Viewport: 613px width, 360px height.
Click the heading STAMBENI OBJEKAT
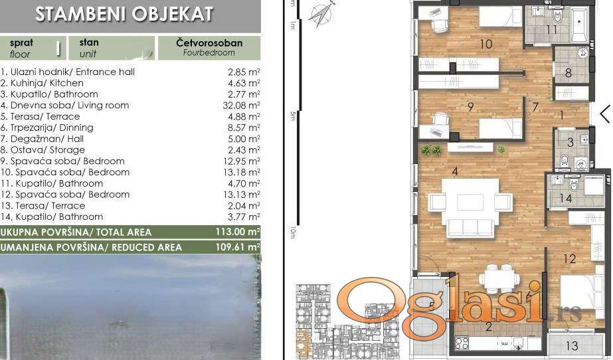[x=124, y=13]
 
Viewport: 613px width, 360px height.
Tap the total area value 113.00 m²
[x=238, y=232]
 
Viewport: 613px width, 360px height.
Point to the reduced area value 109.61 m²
[x=238, y=247]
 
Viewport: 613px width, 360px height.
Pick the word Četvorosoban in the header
[x=209, y=43]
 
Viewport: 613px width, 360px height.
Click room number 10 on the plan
[x=485, y=44]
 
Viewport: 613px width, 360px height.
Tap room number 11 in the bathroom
[x=552, y=29]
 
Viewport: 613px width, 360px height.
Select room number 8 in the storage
[x=569, y=72]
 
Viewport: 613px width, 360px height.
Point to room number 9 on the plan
[x=471, y=106]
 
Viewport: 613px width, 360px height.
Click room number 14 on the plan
[x=565, y=198]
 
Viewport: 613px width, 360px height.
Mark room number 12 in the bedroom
[x=570, y=258]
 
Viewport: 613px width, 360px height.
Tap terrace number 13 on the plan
[x=572, y=345]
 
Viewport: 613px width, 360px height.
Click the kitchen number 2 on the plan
[x=488, y=327]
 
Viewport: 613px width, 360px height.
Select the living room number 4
[x=454, y=171]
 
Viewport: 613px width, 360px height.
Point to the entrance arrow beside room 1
[x=605, y=114]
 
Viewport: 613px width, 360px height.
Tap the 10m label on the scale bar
[x=293, y=232]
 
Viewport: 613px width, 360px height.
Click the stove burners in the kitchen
[x=462, y=343]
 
